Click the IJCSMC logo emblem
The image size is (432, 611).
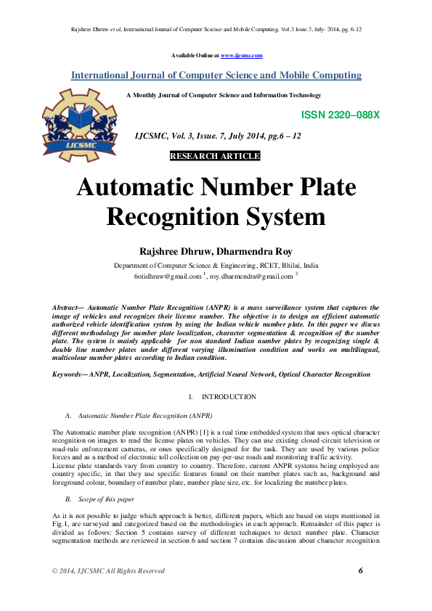[x=79, y=125]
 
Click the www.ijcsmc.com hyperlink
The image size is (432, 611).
[x=241, y=55]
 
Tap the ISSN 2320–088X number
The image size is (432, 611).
[x=340, y=115]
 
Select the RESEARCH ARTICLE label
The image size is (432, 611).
[x=214, y=156]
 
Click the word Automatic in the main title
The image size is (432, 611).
[x=138, y=188]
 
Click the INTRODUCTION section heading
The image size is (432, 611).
[x=229, y=397]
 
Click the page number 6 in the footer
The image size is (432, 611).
[x=360, y=570]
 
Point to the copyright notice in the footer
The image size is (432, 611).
[x=108, y=571]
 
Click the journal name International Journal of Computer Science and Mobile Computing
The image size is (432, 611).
[x=216, y=75]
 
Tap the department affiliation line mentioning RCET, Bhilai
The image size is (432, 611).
[x=216, y=266]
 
